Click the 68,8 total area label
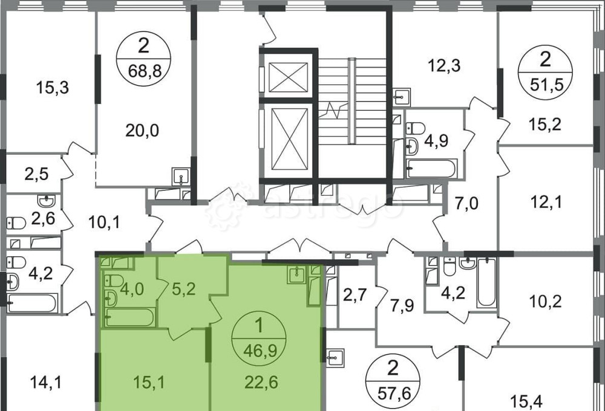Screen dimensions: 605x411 coord(143,71)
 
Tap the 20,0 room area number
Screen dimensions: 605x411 coord(142,131)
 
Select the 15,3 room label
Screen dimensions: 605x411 coord(53,88)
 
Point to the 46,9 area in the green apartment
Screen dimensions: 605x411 coord(260,351)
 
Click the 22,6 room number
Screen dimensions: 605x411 coord(261,383)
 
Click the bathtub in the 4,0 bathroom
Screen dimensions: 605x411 coord(130,317)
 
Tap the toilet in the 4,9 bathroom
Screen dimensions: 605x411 coord(416,128)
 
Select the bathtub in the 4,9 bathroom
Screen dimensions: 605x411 coord(432,169)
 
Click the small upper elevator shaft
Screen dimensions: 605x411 coord(288,77)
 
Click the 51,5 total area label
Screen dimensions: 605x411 coord(545,85)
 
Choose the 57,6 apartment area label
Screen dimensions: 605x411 coord(393,393)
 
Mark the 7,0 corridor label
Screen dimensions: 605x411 coord(466,203)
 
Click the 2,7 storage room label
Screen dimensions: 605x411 coord(355,296)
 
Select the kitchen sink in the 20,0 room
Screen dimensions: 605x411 coord(180,177)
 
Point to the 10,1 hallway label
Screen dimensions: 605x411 coord(104,222)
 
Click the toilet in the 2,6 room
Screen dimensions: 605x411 coord(16,223)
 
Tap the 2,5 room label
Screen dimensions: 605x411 coord(37,174)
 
